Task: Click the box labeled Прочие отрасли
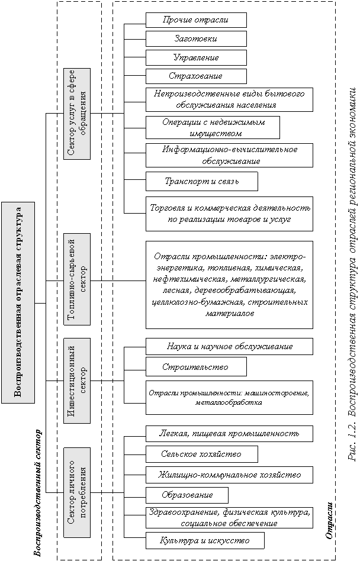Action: pyautogui.click(x=196, y=20)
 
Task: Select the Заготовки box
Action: pyautogui.click(x=196, y=39)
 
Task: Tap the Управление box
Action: pyautogui.click(x=196, y=58)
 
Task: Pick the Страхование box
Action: pyautogui.click(x=196, y=76)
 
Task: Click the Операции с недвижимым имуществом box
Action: pyautogui.click(x=213, y=127)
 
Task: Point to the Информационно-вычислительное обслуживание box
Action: pyautogui.click(x=229, y=155)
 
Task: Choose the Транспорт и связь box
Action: pyautogui.click(x=201, y=181)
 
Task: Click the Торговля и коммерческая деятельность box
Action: pyautogui.click(x=229, y=214)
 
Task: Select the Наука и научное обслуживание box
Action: pyautogui.click(x=229, y=346)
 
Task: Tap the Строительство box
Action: pyautogui.click(x=196, y=367)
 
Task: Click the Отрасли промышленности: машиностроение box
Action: pyautogui.click(x=229, y=397)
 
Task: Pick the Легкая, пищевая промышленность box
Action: pyautogui.click(x=229, y=433)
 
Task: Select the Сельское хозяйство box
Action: pyautogui.click(x=201, y=454)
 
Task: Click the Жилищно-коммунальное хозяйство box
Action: pyautogui.click(x=229, y=475)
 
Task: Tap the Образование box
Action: pyautogui.click(x=187, y=495)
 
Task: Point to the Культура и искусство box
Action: pyautogui.click(x=205, y=540)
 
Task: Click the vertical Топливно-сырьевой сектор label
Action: pyautogui.click(x=77, y=279)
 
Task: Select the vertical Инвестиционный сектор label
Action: pyautogui.click(x=77, y=381)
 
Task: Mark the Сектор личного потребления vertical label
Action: pyautogui.click(x=77, y=492)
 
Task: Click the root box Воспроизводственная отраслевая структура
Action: pyautogui.click(x=18, y=302)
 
